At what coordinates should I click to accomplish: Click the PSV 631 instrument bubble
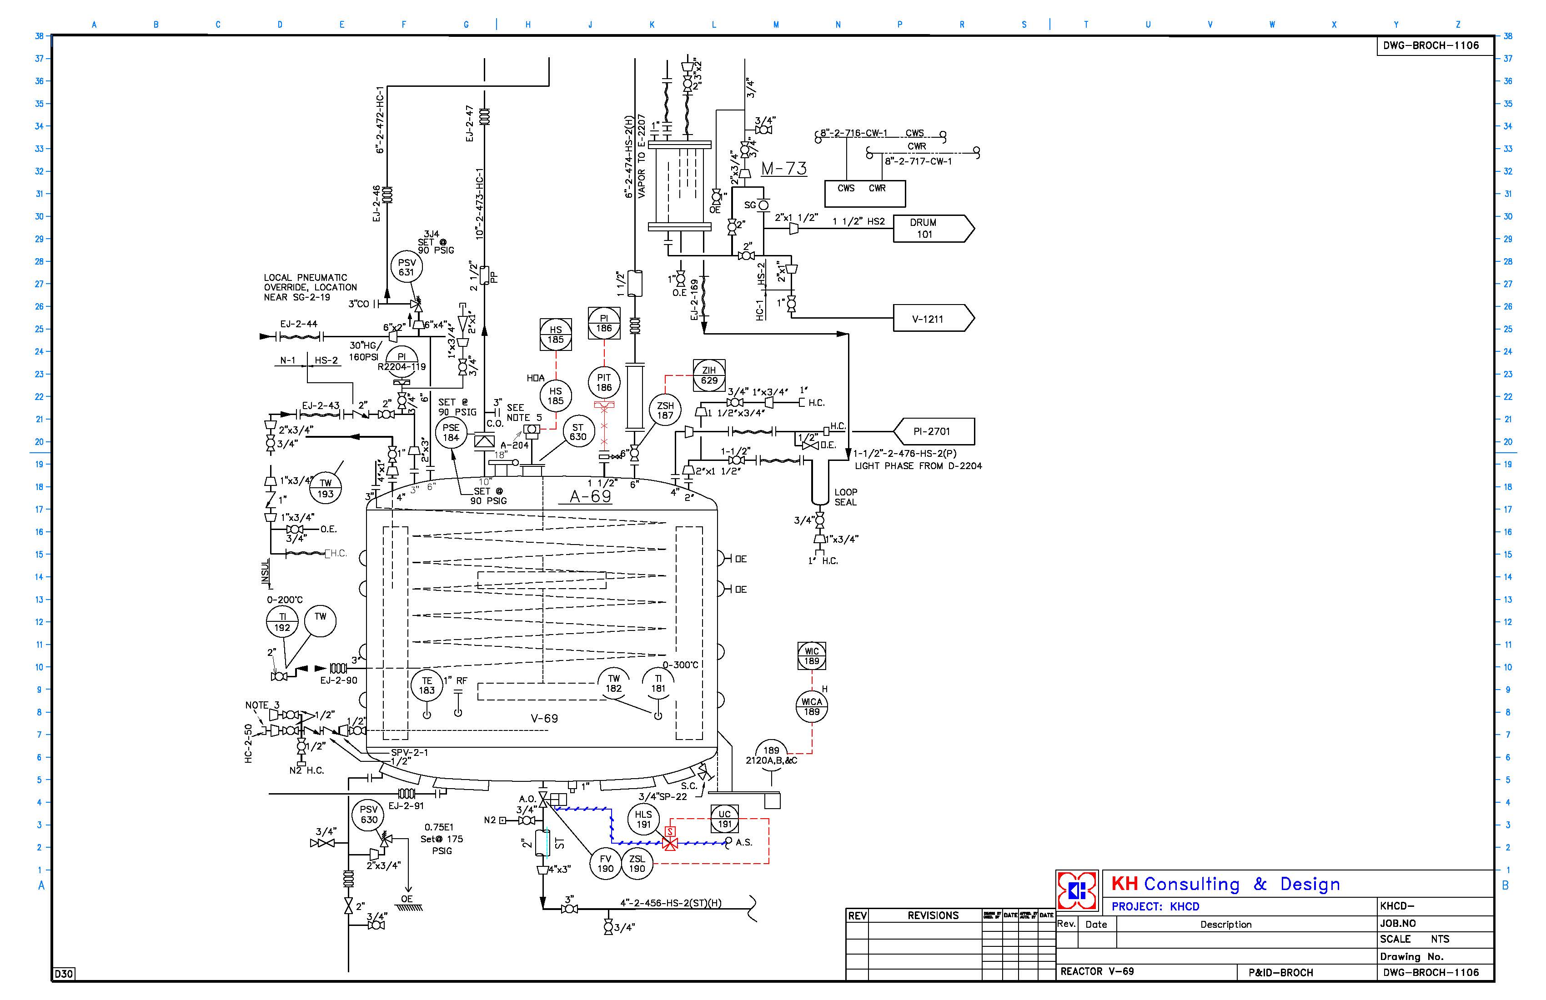(x=407, y=267)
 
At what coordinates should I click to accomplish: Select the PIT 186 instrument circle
(x=604, y=382)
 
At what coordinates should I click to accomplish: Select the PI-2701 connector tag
(x=934, y=431)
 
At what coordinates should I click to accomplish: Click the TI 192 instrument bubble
(x=282, y=622)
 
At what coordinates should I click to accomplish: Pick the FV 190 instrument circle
(x=605, y=864)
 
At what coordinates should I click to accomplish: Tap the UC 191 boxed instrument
(x=724, y=819)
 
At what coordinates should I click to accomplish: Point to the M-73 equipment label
(x=784, y=169)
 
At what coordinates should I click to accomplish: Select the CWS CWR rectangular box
(x=864, y=193)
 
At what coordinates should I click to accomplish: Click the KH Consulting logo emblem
(x=1077, y=890)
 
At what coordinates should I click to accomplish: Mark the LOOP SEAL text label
(x=845, y=497)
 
